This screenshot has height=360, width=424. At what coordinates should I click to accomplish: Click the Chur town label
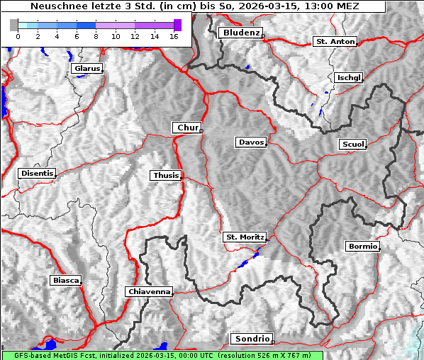187,128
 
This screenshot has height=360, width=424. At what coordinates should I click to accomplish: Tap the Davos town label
251,142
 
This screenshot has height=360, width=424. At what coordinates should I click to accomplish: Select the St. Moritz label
244,237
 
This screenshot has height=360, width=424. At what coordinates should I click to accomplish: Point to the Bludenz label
240,33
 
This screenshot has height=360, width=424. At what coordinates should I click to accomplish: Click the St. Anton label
334,42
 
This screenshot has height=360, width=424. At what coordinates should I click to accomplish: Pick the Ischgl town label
350,77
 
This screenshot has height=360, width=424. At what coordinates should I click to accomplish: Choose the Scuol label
352,145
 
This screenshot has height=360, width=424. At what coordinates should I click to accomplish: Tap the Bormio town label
362,247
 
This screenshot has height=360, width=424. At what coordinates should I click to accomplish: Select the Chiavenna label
149,291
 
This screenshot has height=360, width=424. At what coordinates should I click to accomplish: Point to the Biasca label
66,280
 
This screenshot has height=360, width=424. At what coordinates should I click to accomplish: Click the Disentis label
37,173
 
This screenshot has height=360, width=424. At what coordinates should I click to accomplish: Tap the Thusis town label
166,175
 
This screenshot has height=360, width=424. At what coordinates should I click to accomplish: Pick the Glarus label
87,69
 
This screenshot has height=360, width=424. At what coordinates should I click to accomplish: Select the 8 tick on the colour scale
96,35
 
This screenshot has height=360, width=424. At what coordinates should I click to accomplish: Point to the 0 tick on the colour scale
18,35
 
